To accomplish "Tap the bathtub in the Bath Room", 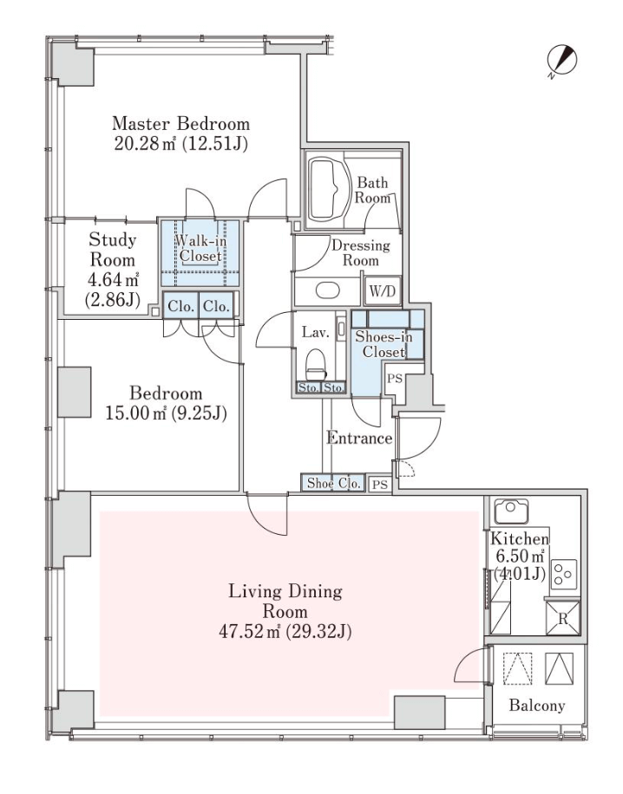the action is pos(329,189).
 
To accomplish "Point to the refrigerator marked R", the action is pos(562,617).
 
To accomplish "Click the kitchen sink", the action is pos(511,511).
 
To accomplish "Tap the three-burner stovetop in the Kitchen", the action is pos(564,574).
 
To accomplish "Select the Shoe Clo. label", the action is pos(334,483).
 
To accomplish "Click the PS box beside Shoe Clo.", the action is pos(380,484).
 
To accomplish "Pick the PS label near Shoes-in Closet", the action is pos(395,378).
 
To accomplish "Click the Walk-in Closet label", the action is pos(200,248).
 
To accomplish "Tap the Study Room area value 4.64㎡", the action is pos(113,279).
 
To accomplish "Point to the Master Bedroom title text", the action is pos(181,124).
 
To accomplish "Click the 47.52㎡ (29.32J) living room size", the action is pos(285,632).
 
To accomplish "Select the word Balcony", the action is pos(537,706).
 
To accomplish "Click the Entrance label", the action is pos(359,438).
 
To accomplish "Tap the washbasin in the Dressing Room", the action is pos(328,290).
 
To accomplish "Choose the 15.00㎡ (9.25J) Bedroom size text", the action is pos(166,413).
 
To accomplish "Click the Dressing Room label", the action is pos(361,253).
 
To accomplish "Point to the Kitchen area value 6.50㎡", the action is pos(520,556).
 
